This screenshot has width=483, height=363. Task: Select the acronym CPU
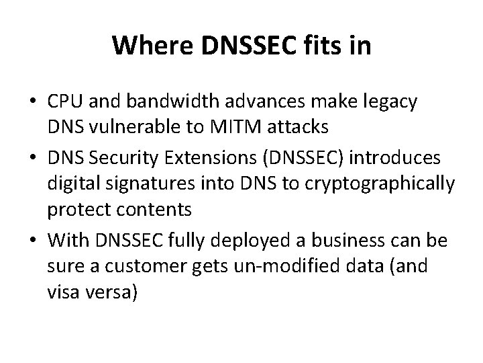(64, 104)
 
